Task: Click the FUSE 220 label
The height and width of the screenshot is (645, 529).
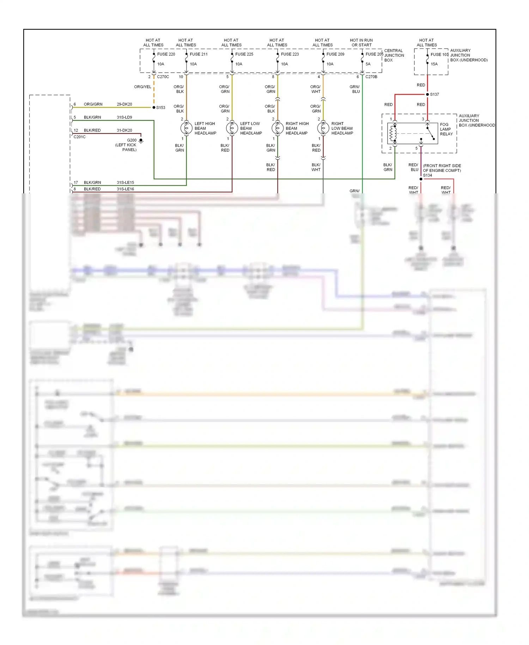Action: click(166, 54)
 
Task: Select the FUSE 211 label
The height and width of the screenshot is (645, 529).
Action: click(199, 54)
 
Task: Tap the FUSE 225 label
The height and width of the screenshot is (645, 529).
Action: click(244, 54)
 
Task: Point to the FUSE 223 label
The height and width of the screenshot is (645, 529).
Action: click(290, 54)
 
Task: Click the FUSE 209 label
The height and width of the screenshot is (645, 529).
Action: click(335, 54)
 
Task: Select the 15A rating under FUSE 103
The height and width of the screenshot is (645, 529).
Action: click(434, 64)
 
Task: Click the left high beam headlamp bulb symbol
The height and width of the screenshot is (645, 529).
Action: click(186, 128)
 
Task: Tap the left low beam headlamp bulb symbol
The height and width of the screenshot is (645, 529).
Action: click(232, 128)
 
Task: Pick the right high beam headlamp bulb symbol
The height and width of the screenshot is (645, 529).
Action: click(278, 128)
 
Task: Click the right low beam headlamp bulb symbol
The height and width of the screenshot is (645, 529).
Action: click(323, 128)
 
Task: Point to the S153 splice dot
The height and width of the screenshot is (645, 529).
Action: click(154, 107)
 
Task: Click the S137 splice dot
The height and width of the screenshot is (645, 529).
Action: click(427, 94)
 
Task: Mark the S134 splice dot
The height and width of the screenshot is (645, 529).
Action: click(421, 179)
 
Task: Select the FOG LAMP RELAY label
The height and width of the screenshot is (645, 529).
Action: click(446, 129)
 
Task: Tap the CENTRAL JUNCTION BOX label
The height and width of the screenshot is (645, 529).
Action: click(394, 55)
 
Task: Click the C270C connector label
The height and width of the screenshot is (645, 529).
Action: click(163, 77)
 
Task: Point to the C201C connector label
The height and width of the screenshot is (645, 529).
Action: click(80, 137)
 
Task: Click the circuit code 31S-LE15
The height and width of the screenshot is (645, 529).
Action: click(125, 182)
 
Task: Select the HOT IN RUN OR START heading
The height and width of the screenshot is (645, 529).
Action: click(361, 42)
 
